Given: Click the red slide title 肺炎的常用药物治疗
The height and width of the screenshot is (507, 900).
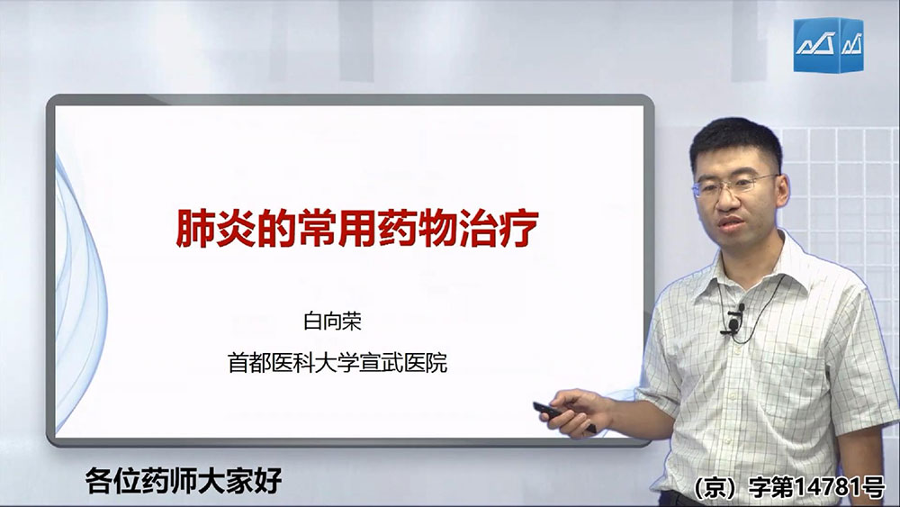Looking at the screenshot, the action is tap(357, 228).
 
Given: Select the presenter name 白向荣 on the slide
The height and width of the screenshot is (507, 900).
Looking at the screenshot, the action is tap(332, 321).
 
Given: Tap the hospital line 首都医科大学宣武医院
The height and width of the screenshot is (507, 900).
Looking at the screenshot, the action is tap(337, 363).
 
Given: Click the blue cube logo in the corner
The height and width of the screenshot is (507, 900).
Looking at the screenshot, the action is tap(828, 45).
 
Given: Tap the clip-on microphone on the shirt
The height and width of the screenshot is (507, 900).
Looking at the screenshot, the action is tap(734, 320).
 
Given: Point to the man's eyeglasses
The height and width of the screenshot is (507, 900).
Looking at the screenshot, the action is tap(734, 185).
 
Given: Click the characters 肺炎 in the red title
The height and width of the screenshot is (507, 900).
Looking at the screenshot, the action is tap(216, 228).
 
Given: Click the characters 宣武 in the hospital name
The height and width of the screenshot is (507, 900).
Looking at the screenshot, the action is tap(381, 363).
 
